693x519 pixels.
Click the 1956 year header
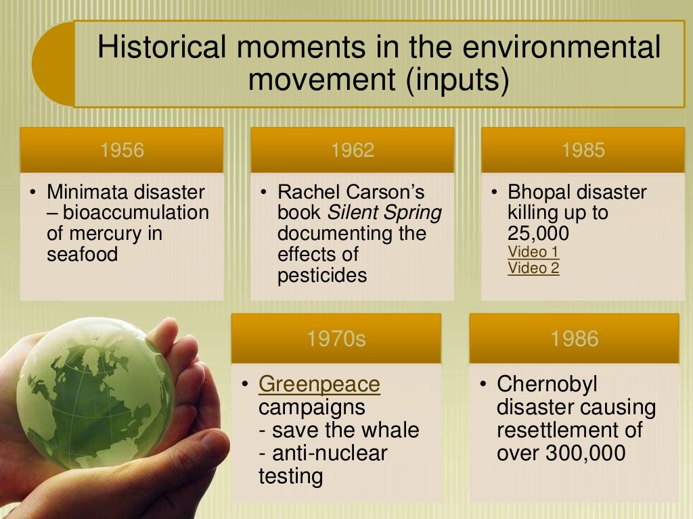click(122, 150)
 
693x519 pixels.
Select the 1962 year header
click(352, 150)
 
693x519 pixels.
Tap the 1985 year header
click(583, 150)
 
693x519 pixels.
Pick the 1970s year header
click(336, 338)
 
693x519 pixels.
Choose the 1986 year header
click(574, 338)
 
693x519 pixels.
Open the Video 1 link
click(533, 253)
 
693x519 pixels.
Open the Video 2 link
click(533, 268)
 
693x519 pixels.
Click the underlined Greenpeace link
click(319, 385)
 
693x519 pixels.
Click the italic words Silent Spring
click(384, 213)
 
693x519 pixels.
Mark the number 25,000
click(538, 234)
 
